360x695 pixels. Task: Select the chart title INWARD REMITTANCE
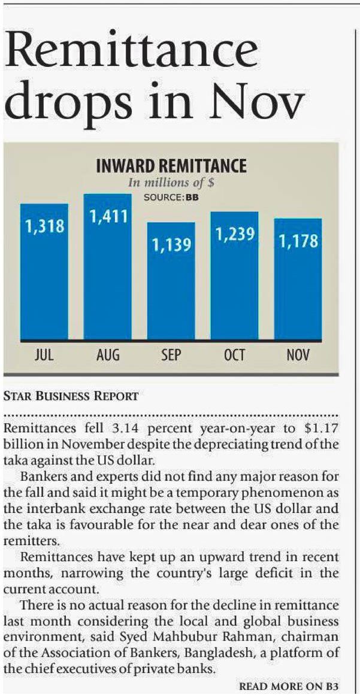171,166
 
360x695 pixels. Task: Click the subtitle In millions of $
172,183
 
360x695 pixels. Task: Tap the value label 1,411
108,216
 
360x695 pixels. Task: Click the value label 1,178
298,242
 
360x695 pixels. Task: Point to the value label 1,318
44,227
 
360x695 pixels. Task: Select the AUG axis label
108,354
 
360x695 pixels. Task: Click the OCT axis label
234,354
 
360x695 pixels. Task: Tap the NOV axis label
298,354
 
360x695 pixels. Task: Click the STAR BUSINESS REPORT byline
71,396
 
